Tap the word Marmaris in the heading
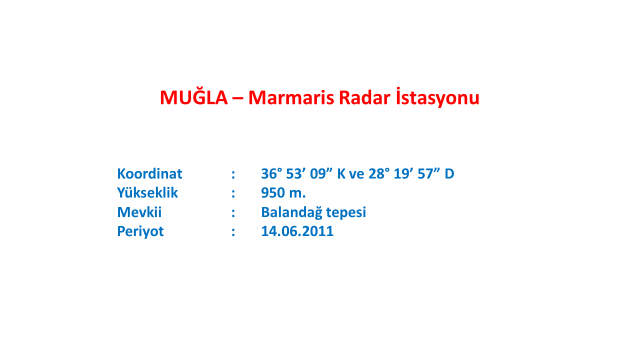pos(291,97)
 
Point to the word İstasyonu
pos(437,97)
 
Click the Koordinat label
pos(149,173)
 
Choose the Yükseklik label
pos(147,192)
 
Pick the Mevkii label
pos(139,211)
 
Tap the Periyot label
pos(140,231)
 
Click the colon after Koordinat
pos(233,174)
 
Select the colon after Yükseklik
pos(233,193)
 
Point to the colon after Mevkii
pos(233,213)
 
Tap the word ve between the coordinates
pos(356,174)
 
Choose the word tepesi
pos(346,213)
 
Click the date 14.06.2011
pos(297,231)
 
